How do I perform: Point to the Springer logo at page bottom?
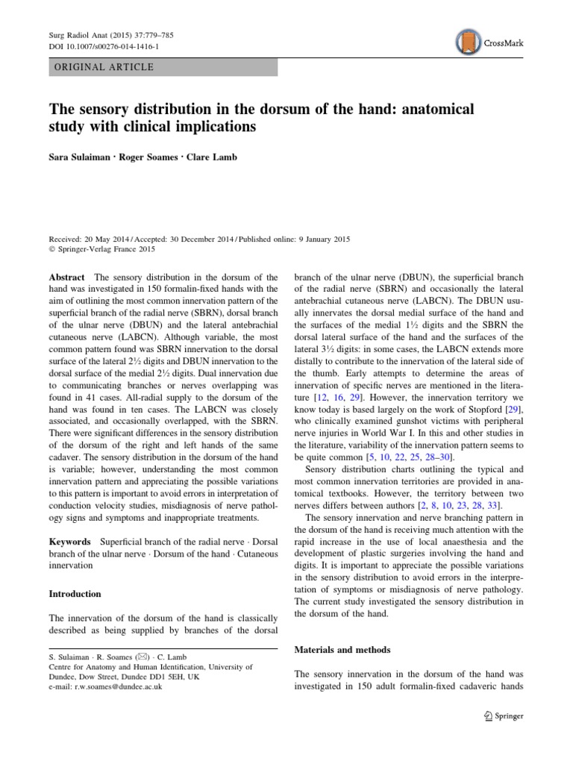504,716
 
